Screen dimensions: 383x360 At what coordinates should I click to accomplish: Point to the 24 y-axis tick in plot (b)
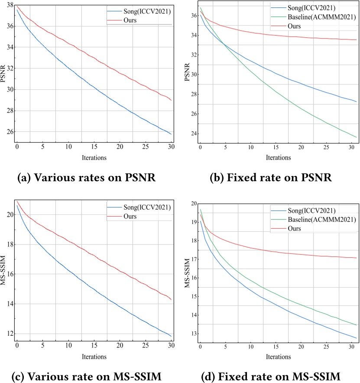191,133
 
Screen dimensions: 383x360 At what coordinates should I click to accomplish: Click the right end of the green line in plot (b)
356,137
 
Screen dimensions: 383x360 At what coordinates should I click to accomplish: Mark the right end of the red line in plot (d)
356,258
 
